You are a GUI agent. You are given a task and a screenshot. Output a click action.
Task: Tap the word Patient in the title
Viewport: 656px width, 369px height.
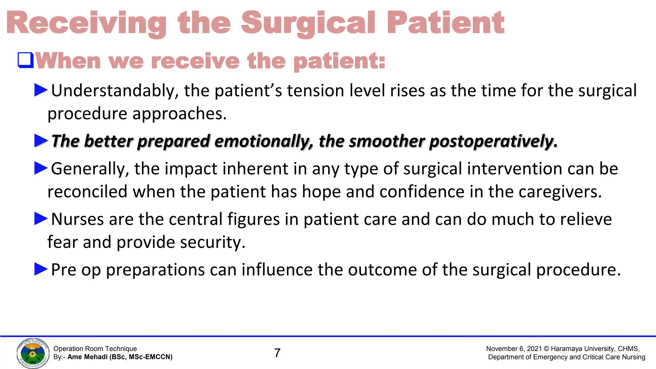tap(445, 23)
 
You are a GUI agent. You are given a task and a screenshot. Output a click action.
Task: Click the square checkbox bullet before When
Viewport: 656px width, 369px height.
tap(26, 60)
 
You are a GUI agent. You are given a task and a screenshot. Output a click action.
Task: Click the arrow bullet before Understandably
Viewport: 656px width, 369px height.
tap(41, 90)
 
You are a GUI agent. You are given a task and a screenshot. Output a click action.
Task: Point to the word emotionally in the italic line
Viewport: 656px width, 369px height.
tap(264, 141)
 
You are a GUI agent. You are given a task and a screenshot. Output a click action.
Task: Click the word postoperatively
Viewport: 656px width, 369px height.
tap(493, 141)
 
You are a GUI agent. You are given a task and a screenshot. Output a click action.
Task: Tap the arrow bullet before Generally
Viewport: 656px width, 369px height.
tap(41, 168)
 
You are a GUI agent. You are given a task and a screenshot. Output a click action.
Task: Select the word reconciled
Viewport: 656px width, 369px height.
tap(87, 192)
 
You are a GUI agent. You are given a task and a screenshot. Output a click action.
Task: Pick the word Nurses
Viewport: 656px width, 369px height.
tap(77, 219)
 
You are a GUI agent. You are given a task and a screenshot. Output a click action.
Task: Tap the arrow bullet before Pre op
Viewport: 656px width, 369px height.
tap(41, 269)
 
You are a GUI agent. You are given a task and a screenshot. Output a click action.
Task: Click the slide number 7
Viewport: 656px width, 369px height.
tap(277, 353)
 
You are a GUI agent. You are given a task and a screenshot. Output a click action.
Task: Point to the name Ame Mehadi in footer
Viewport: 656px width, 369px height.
tap(87, 357)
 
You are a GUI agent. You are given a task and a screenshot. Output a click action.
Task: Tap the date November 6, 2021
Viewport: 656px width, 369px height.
tap(513, 349)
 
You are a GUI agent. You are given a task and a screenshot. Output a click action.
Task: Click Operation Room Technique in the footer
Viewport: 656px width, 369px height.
tap(95, 349)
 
